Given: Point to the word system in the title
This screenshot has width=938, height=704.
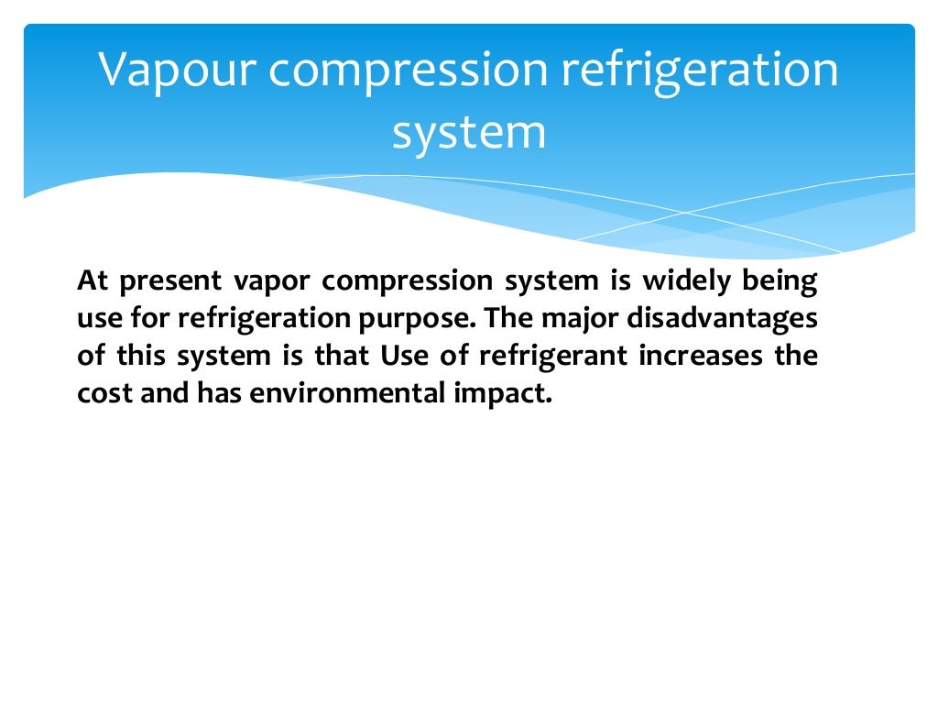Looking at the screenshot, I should pyautogui.click(x=469, y=131).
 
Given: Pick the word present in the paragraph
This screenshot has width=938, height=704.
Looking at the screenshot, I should pyautogui.click(x=172, y=280).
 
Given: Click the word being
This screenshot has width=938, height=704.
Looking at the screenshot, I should pyautogui.click(x=786, y=280).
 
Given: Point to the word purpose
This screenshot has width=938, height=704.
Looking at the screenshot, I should pyautogui.click(x=421, y=318).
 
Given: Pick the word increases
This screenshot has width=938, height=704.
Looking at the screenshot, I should pyautogui.click(x=705, y=356).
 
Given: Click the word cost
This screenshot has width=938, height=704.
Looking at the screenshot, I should pyautogui.click(x=98, y=393).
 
